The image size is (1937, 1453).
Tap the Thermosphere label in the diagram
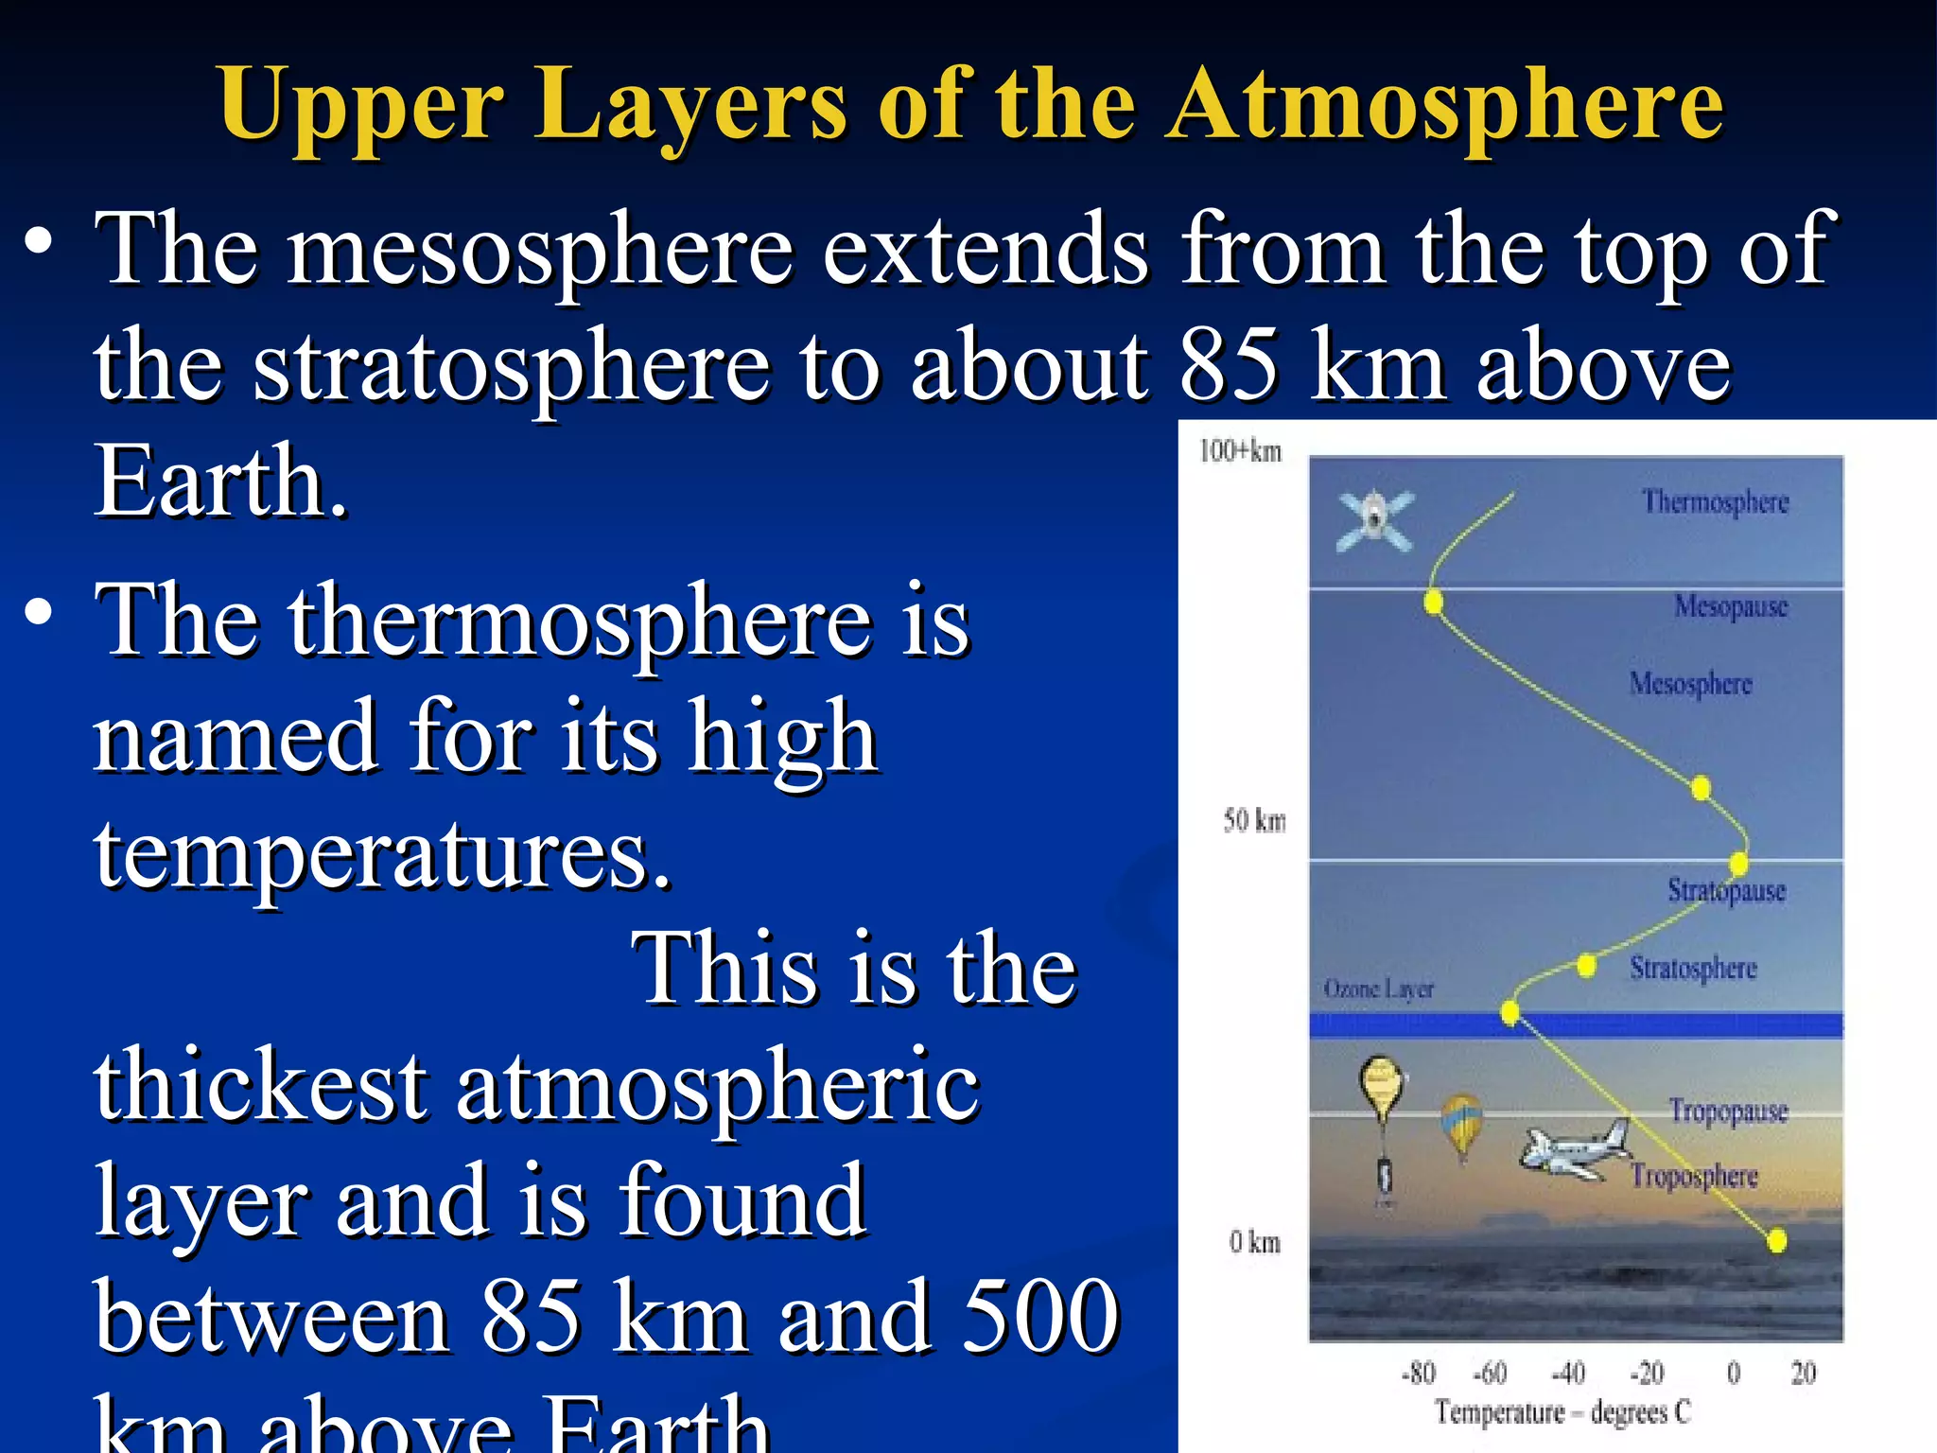pyautogui.click(x=1715, y=501)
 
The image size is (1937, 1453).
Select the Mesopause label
pyautogui.click(x=1731, y=605)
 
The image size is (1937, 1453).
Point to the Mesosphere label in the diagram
pyautogui.click(x=1690, y=684)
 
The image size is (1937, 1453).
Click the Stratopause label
pyautogui.click(x=1726, y=891)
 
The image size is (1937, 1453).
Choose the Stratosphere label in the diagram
pyautogui.click(x=1693, y=968)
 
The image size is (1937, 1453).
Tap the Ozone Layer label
pyautogui.click(x=1378, y=989)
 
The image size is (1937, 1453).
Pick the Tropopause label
pyautogui.click(x=1728, y=1111)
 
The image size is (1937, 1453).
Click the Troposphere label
pyautogui.click(x=1694, y=1176)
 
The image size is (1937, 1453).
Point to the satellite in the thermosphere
pyautogui.click(x=1374, y=519)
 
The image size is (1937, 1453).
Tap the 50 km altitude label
pyautogui.click(x=1254, y=820)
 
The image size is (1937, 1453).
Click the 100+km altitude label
pyautogui.click(x=1240, y=451)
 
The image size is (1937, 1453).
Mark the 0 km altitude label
pyautogui.click(x=1254, y=1242)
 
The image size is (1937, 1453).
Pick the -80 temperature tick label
pyautogui.click(x=1418, y=1373)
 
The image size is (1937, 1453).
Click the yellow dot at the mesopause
pyautogui.click(x=1434, y=601)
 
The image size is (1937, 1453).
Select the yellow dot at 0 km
pyautogui.click(x=1776, y=1240)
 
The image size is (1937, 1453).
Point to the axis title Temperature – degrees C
pyautogui.click(x=1562, y=1412)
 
